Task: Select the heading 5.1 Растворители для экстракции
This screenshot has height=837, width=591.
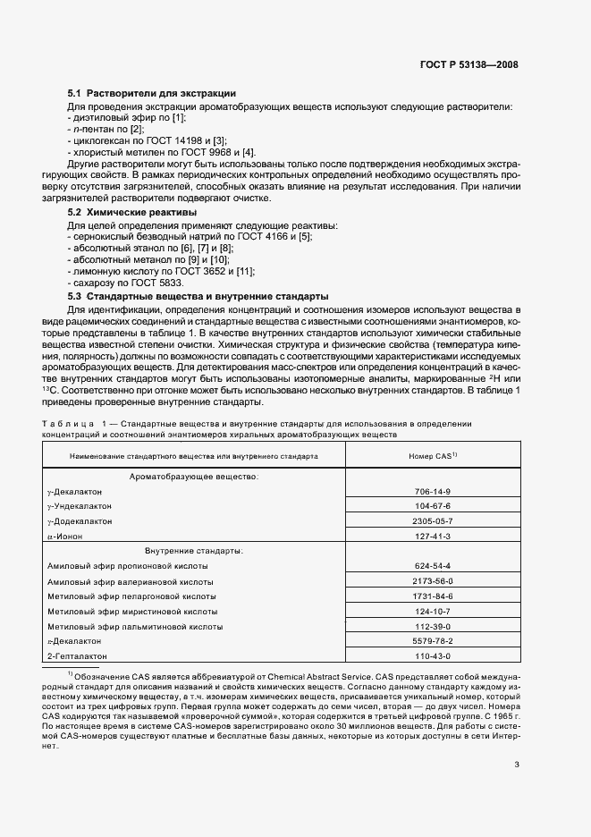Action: point(152,93)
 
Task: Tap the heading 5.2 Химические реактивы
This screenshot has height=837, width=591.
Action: point(133,212)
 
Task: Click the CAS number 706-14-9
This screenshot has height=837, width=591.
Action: point(433,492)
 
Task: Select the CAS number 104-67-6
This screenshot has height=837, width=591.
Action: point(433,506)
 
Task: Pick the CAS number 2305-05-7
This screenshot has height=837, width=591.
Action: point(433,520)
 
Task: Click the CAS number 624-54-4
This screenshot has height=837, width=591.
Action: point(433,566)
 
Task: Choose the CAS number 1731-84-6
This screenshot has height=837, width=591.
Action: point(433,596)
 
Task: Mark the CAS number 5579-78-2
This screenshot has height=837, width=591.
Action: point(433,641)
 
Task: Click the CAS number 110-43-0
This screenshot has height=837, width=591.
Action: point(433,655)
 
